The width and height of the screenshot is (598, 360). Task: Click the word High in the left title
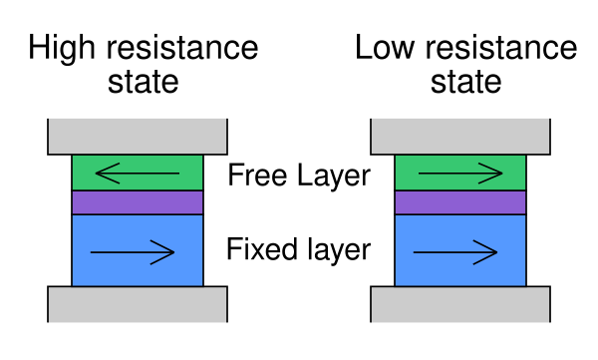pos(62,49)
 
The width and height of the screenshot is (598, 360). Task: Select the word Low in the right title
pos(385,47)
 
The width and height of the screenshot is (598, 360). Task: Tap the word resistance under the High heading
pos(182,47)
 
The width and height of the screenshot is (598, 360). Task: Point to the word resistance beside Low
pos(501,47)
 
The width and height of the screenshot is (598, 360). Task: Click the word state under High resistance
pos(143,82)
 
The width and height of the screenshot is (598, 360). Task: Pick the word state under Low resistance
pos(465,82)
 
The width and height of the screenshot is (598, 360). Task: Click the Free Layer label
pos(299,176)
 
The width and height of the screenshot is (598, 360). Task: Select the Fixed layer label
pos(299,249)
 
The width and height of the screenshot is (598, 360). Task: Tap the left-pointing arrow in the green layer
pos(138,174)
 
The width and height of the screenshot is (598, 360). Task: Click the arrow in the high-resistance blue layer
pos(133,252)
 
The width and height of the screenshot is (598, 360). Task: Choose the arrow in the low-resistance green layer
pos(460,174)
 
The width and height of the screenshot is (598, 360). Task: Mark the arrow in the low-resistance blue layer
pos(455,252)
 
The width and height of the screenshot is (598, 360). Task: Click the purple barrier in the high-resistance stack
pos(138,202)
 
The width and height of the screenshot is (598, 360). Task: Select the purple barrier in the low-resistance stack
pos(460,202)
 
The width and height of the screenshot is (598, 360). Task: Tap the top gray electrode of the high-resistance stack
pos(138,137)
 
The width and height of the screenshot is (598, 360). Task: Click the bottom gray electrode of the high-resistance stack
pos(138,304)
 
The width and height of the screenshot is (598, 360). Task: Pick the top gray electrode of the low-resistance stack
pos(460,137)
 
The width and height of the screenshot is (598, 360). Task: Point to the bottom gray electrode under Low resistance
pos(460,304)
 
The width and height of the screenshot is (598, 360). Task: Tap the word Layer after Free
pos(334,176)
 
